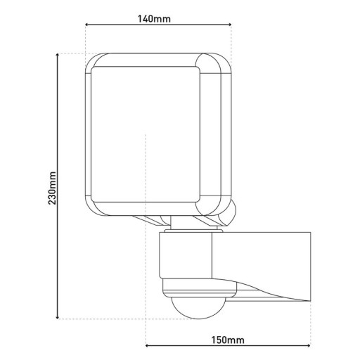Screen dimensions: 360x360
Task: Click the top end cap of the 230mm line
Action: tap(58, 53)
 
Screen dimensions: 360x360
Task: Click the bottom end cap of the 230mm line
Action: tap(58, 319)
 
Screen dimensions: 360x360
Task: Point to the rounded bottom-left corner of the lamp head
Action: tap(93, 208)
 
